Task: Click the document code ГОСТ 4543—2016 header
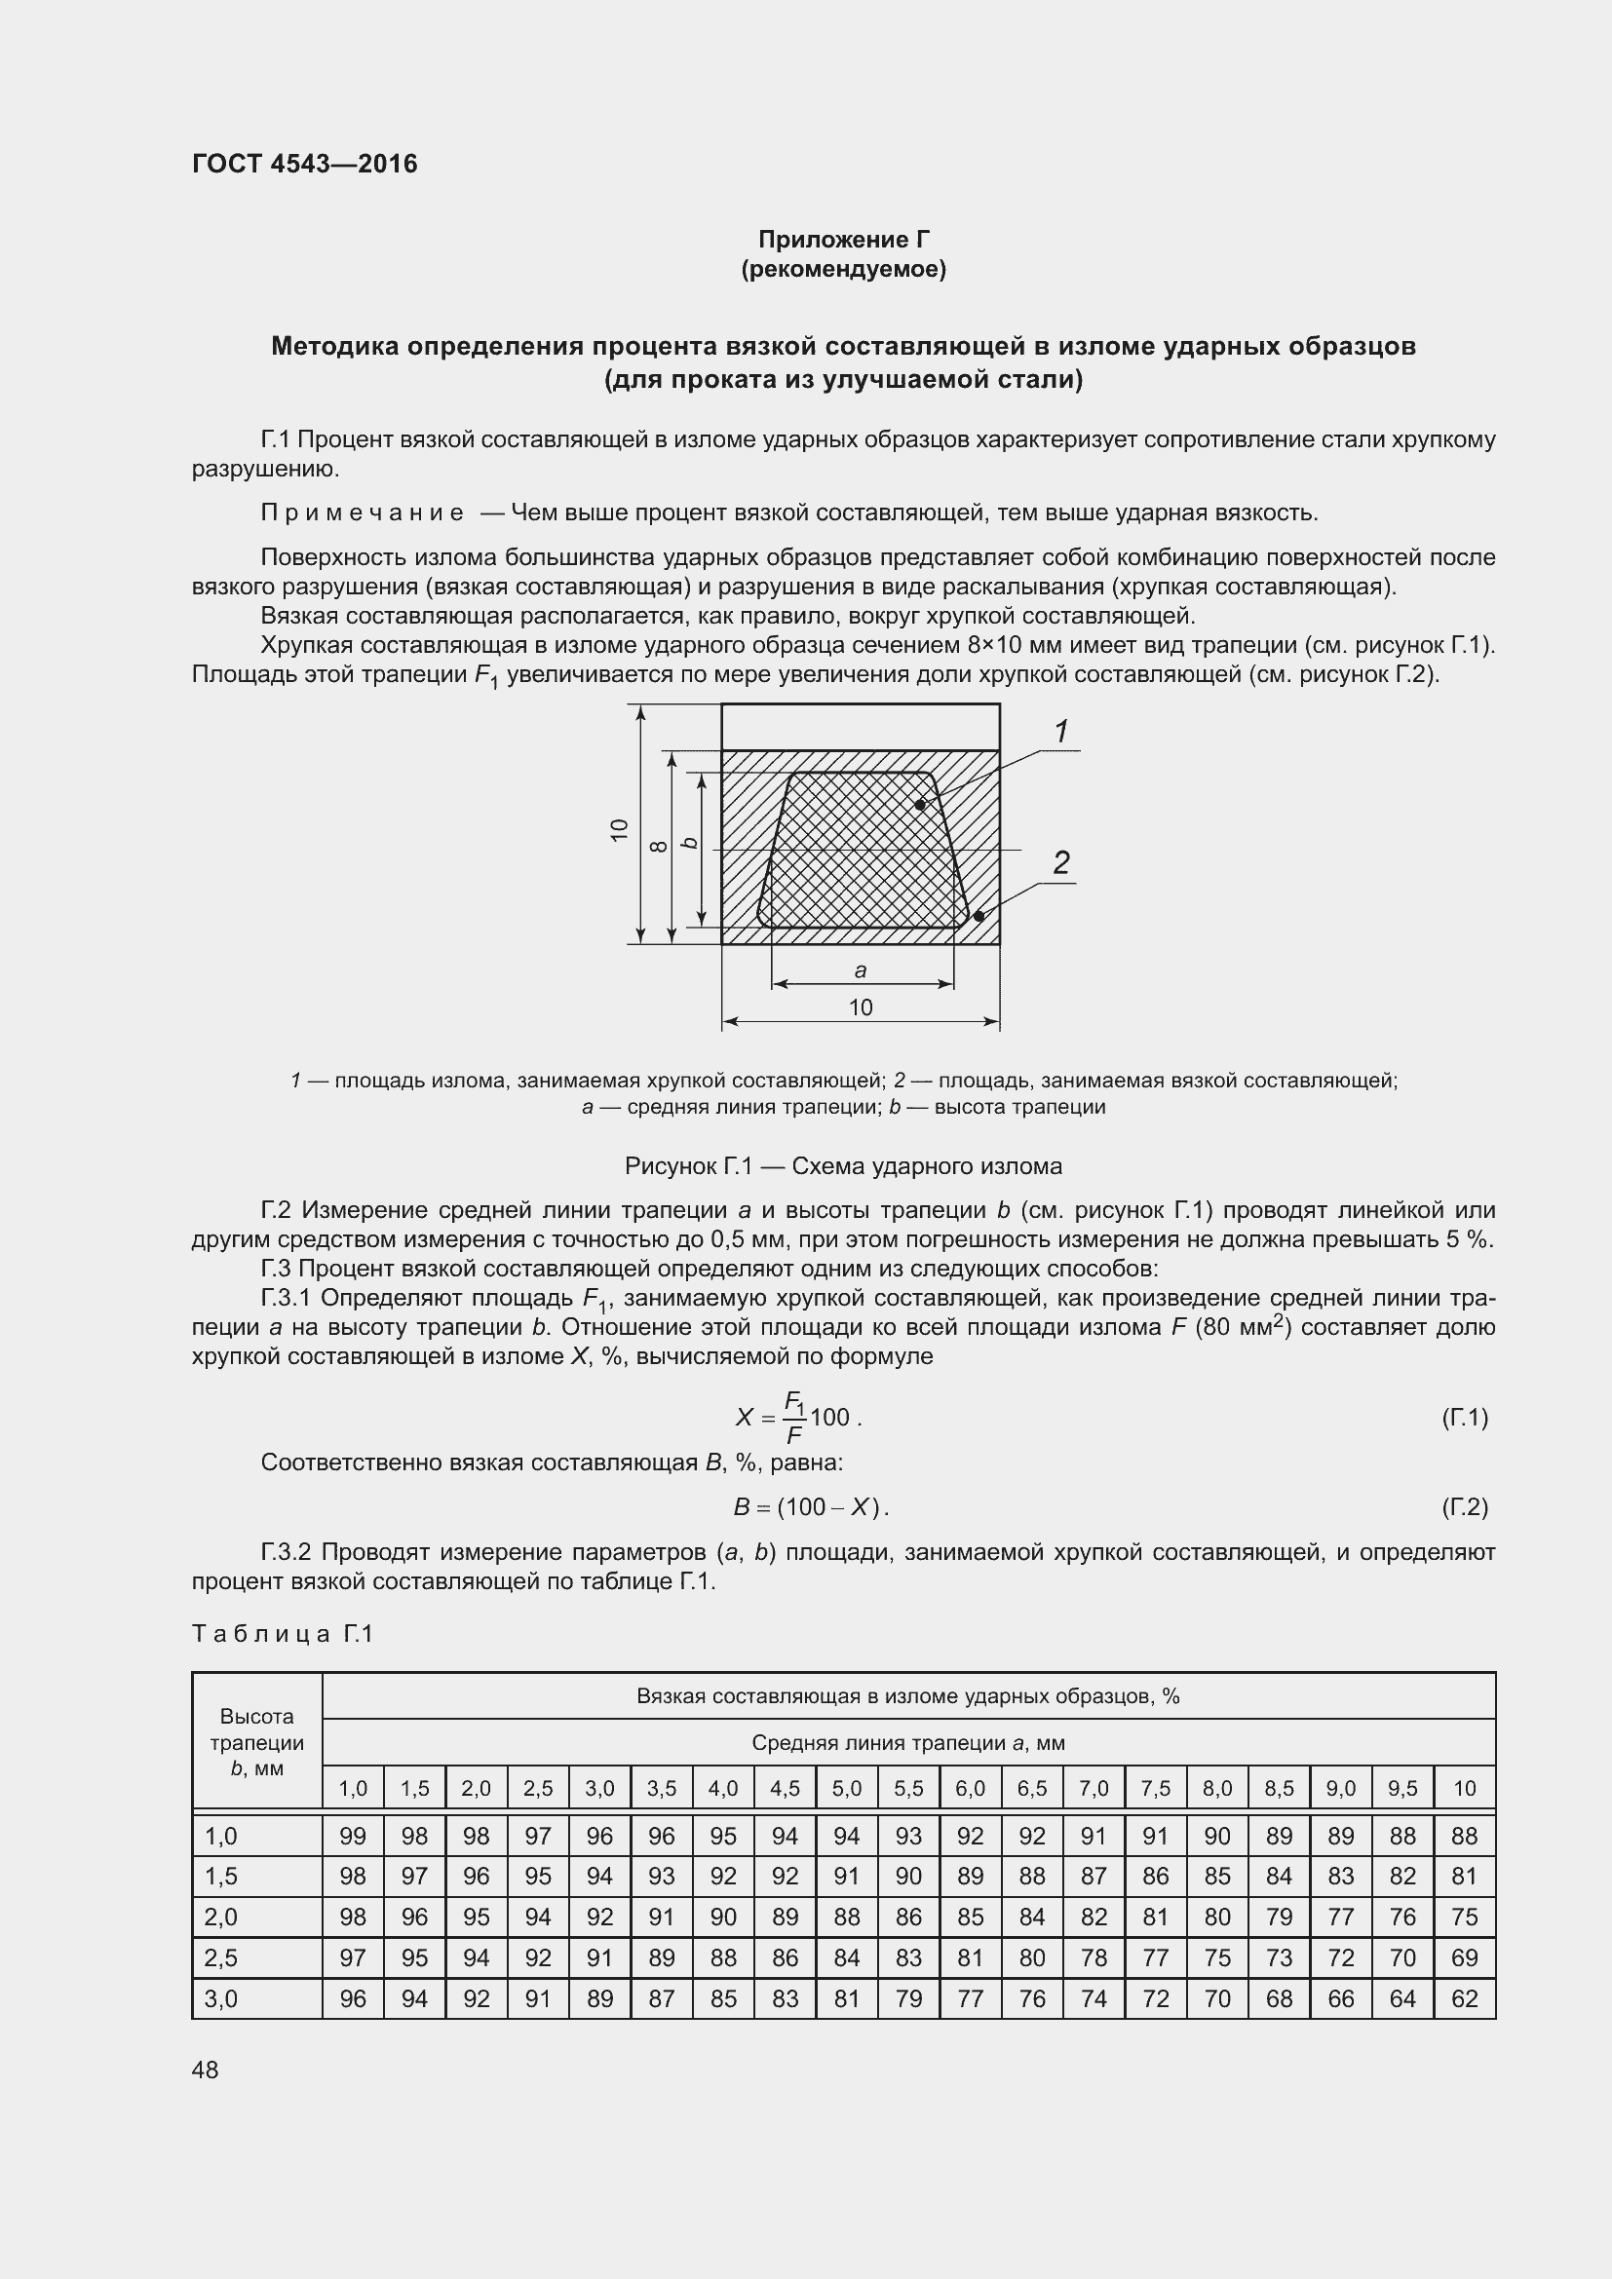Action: (x=305, y=164)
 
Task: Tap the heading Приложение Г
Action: (x=844, y=240)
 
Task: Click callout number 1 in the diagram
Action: (x=1061, y=732)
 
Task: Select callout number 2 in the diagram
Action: (x=1061, y=862)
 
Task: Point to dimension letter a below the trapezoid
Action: (x=861, y=969)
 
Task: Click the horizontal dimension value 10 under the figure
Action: (x=861, y=1007)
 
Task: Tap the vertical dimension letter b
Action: (x=689, y=843)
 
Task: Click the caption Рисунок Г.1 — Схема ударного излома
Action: (x=843, y=1166)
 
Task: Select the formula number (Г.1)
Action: (x=1464, y=1418)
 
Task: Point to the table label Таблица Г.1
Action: (x=282, y=1634)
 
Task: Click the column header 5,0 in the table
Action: (x=847, y=1789)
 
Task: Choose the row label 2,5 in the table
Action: (x=220, y=1957)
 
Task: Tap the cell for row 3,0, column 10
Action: (x=1464, y=1998)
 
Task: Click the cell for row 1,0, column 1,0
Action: (x=353, y=1837)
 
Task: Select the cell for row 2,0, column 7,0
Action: (x=1094, y=1917)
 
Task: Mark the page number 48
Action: (x=206, y=2070)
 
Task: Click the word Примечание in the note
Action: (x=363, y=513)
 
